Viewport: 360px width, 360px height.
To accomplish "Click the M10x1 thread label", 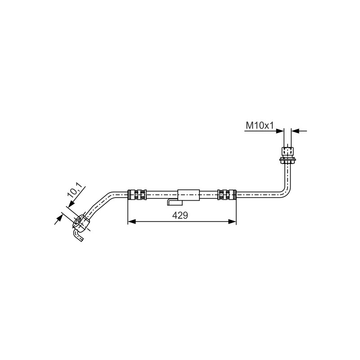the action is point(260,126).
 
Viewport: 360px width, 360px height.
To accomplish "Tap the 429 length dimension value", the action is point(180,216).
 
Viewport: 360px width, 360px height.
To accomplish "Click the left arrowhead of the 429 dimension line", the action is point(131,221).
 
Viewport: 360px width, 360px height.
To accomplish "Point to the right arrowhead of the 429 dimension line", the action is point(232,221).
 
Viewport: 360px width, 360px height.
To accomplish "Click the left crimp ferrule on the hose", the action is point(137,194).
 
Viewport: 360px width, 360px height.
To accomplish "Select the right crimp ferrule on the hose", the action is point(227,194).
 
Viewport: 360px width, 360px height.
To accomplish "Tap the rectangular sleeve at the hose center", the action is point(189,195).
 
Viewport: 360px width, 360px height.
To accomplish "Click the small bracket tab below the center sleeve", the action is point(175,202).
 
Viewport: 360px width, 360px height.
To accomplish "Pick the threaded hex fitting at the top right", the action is point(288,150).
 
